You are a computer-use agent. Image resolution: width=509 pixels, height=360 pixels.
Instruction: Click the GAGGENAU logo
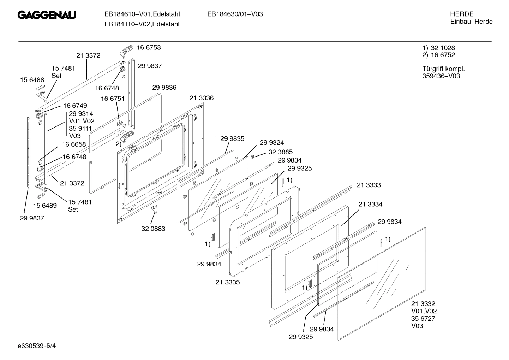tap(47, 15)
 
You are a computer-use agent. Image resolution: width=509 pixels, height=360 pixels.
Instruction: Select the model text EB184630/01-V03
tap(235, 14)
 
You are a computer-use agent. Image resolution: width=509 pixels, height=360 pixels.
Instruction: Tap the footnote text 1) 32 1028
tap(438, 48)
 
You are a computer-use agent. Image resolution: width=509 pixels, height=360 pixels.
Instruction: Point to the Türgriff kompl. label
tap(443, 69)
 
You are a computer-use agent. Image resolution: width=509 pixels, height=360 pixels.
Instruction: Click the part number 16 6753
tap(149, 47)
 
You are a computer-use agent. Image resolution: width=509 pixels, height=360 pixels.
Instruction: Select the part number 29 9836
tap(164, 88)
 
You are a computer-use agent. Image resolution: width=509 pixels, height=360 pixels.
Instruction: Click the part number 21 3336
tap(201, 98)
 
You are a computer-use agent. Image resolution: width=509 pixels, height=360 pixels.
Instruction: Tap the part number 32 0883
tap(153, 229)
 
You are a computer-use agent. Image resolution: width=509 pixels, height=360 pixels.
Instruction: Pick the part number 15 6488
tap(32, 80)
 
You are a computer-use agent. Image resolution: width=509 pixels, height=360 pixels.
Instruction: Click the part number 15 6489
tap(45, 205)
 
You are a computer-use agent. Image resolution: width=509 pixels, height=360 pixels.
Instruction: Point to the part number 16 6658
tap(74, 144)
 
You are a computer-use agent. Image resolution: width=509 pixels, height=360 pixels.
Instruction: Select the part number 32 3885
tap(280, 152)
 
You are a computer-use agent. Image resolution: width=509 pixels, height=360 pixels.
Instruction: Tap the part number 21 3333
tap(369, 185)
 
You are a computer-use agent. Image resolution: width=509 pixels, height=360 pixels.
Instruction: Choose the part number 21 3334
tap(370, 204)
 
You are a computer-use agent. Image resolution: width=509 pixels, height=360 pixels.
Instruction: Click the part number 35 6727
tap(423, 318)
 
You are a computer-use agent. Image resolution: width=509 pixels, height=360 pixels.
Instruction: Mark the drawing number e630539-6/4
tap(37, 345)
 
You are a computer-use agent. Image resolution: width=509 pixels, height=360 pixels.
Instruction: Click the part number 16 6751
tap(113, 99)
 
